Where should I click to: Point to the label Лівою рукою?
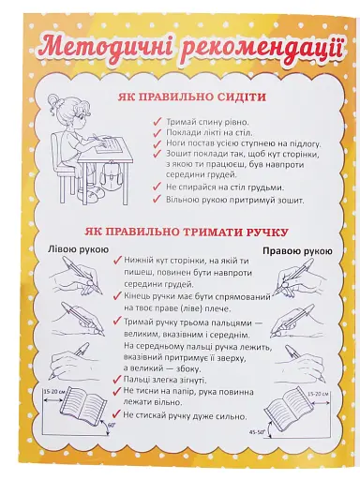click(x=67, y=249)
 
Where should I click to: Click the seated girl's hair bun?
click(x=63, y=104)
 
